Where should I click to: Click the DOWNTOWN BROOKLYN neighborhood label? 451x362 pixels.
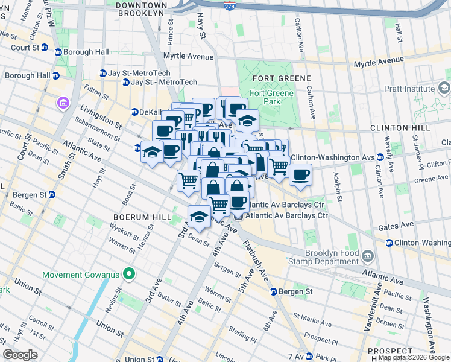[x=142, y=8]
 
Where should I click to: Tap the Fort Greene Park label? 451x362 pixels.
[x=271, y=97]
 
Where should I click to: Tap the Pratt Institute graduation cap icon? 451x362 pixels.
[x=444, y=89]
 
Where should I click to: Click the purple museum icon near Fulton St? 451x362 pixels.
[x=63, y=104]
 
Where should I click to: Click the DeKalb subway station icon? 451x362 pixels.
[x=136, y=112]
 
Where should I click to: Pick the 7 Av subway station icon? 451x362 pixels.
[x=309, y=356]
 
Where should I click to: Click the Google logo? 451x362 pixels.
[x=20, y=355]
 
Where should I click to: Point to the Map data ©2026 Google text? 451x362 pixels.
[x=413, y=357]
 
